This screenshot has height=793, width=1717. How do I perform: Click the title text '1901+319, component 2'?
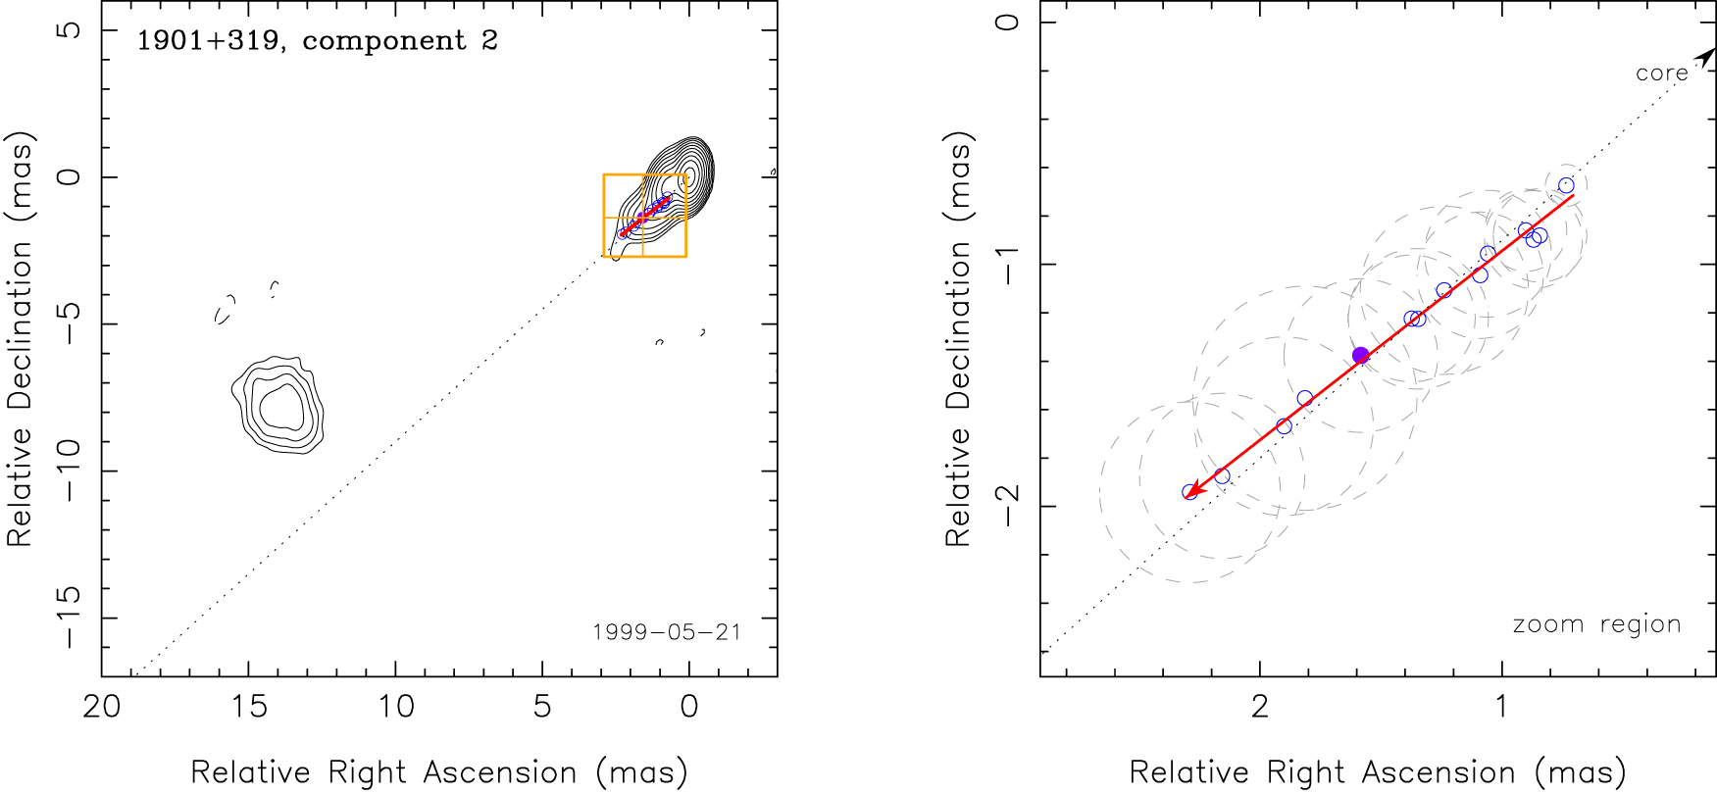[317, 41]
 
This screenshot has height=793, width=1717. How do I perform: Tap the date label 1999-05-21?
[667, 632]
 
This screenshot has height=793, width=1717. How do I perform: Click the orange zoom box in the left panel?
[644, 216]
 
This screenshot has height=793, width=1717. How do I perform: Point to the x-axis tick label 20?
[102, 707]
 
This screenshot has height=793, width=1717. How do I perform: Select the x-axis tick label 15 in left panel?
[249, 707]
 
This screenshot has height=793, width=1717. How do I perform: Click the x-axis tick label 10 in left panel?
[396, 707]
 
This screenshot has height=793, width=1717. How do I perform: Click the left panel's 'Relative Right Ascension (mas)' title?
[438, 772]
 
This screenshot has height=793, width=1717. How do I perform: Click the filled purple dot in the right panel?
[1360, 355]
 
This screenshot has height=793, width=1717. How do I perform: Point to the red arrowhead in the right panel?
[1191, 490]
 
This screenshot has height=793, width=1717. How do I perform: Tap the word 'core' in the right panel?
[1661, 74]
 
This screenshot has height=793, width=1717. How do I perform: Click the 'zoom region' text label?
[1596, 624]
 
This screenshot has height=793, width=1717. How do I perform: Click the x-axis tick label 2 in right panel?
[1260, 707]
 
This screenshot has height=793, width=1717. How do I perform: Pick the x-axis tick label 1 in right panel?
[1501, 707]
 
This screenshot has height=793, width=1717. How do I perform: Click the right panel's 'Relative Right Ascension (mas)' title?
[1378, 772]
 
